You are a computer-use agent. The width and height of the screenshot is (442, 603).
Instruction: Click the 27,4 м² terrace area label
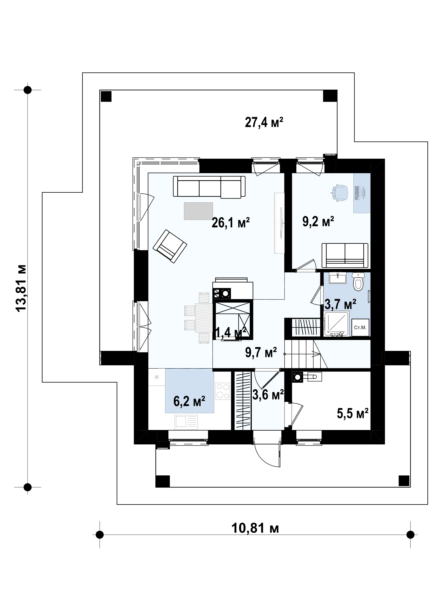coord(264,123)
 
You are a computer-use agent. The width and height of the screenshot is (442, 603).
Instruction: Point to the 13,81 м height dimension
coord(21,288)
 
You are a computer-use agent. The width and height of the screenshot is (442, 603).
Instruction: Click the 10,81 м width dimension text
coord(255,528)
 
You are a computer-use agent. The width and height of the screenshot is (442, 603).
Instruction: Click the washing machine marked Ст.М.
coord(360,327)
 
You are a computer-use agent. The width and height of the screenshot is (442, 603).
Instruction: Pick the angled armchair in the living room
coord(170,246)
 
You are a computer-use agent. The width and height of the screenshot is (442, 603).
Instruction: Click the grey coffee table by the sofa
coord(198,211)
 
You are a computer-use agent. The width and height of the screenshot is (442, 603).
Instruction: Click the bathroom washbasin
coord(337,278)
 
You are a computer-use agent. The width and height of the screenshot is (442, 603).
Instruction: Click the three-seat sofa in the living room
coord(209,187)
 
